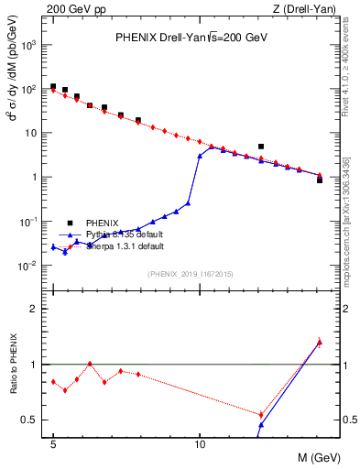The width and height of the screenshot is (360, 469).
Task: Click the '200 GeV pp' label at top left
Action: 72,9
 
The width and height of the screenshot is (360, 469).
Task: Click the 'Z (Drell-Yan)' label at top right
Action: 304,9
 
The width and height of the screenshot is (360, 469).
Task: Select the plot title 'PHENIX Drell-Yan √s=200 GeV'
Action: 191,38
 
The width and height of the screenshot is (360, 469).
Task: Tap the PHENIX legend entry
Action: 102,223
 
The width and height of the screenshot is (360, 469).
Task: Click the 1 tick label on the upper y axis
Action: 35,177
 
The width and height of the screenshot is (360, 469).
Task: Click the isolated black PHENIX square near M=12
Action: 261,147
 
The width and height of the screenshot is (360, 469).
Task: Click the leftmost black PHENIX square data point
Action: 53,86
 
